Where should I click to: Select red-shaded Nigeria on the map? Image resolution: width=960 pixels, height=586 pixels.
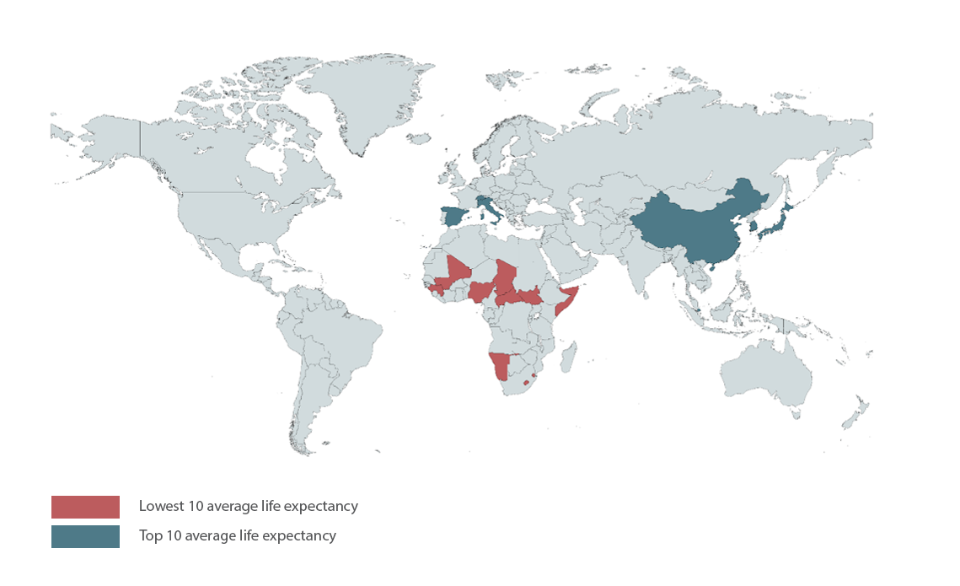480,292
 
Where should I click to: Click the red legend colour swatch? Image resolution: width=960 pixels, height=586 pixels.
85,507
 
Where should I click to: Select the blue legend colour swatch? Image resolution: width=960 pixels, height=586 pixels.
85,536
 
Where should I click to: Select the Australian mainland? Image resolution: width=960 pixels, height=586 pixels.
763,371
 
